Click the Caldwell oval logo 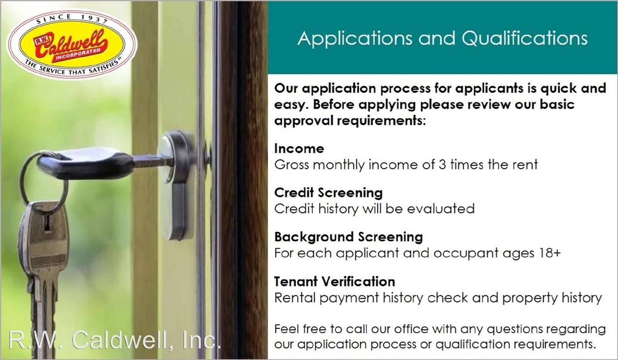tap(72, 44)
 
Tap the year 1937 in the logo tap(94, 19)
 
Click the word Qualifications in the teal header tap(525, 38)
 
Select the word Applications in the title tap(355, 38)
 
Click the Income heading tap(299, 149)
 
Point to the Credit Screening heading tap(328, 193)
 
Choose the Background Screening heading tap(348, 237)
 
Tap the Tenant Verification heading tap(334, 282)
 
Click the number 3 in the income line tap(442, 165)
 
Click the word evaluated tap(441, 209)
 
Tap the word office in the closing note tap(411, 329)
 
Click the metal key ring tap(43, 179)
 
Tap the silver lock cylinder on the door tap(176, 185)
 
